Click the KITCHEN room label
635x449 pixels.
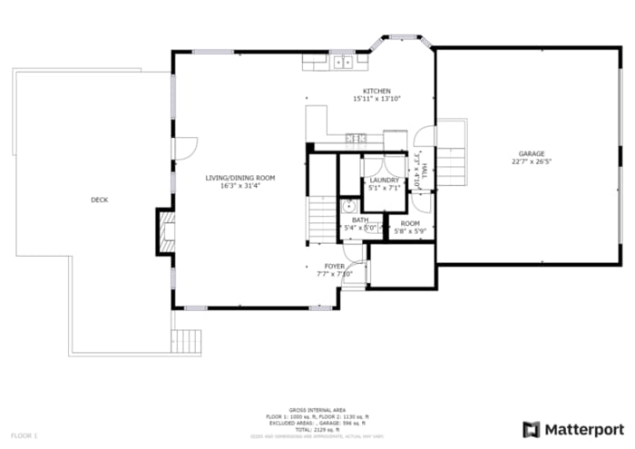(376, 92)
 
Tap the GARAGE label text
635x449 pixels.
(532, 154)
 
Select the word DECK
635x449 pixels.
(99, 200)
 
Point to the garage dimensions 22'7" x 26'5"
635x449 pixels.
(532, 162)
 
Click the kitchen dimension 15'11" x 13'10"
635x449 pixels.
(376, 99)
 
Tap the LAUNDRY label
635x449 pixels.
(385, 181)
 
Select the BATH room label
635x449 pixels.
(360, 220)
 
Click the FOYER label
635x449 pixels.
(335, 266)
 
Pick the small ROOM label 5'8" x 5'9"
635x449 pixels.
(410, 223)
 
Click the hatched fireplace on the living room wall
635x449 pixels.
(164, 232)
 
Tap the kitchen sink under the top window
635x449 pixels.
(342, 63)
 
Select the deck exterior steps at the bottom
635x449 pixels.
(187, 341)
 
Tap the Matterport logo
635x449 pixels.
(573, 428)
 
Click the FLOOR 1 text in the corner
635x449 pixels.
(24, 436)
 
